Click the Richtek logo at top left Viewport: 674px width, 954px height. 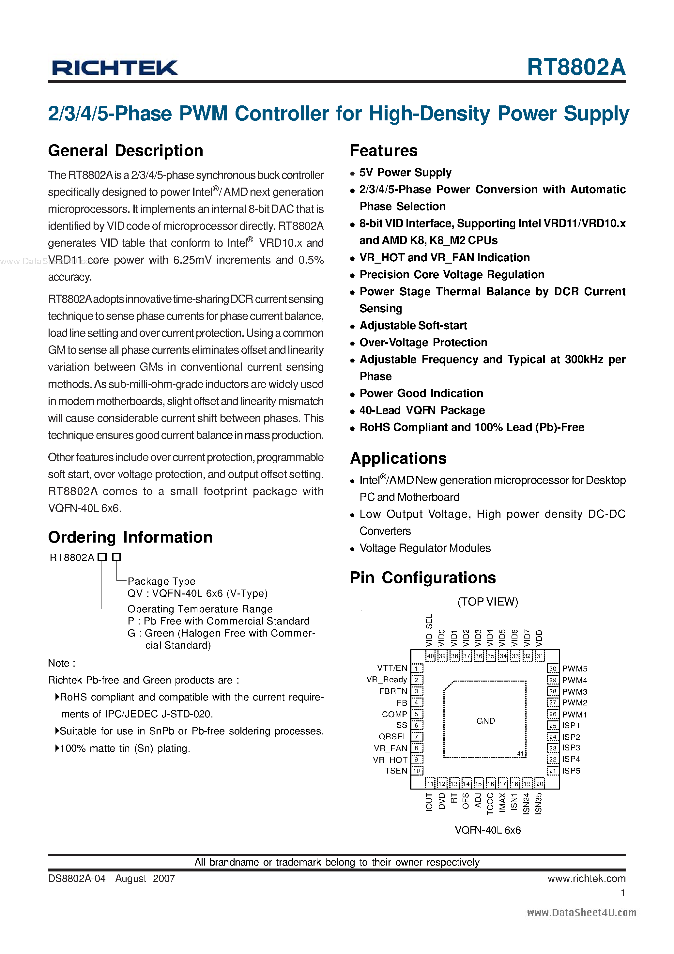point(115,67)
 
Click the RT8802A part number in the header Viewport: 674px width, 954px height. point(575,67)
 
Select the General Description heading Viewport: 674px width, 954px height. point(126,150)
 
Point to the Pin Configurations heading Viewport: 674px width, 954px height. point(422,577)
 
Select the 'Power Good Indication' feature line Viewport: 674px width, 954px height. point(421,393)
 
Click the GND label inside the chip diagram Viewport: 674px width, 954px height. point(485,720)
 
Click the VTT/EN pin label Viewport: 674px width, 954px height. point(392,668)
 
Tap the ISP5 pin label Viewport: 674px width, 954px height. point(571,771)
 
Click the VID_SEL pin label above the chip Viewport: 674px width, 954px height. point(429,630)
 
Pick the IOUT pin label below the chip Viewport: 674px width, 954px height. point(429,802)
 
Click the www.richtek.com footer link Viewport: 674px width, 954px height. point(586,878)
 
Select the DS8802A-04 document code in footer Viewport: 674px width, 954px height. point(77,878)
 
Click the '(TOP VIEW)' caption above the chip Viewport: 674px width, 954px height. point(487,602)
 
